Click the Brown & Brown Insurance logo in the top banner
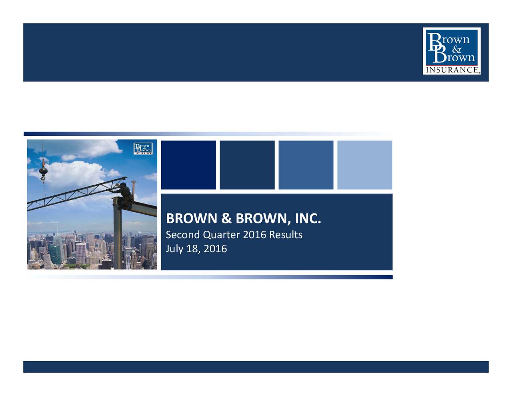[452, 51]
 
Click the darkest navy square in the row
[188, 165]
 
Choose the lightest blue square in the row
[364, 165]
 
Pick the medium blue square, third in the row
[306, 165]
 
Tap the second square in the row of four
[247, 165]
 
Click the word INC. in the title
[308, 219]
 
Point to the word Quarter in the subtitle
[222, 235]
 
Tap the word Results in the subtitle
[286, 235]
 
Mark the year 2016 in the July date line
[215, 249]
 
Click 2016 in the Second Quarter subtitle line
[255, 235]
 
